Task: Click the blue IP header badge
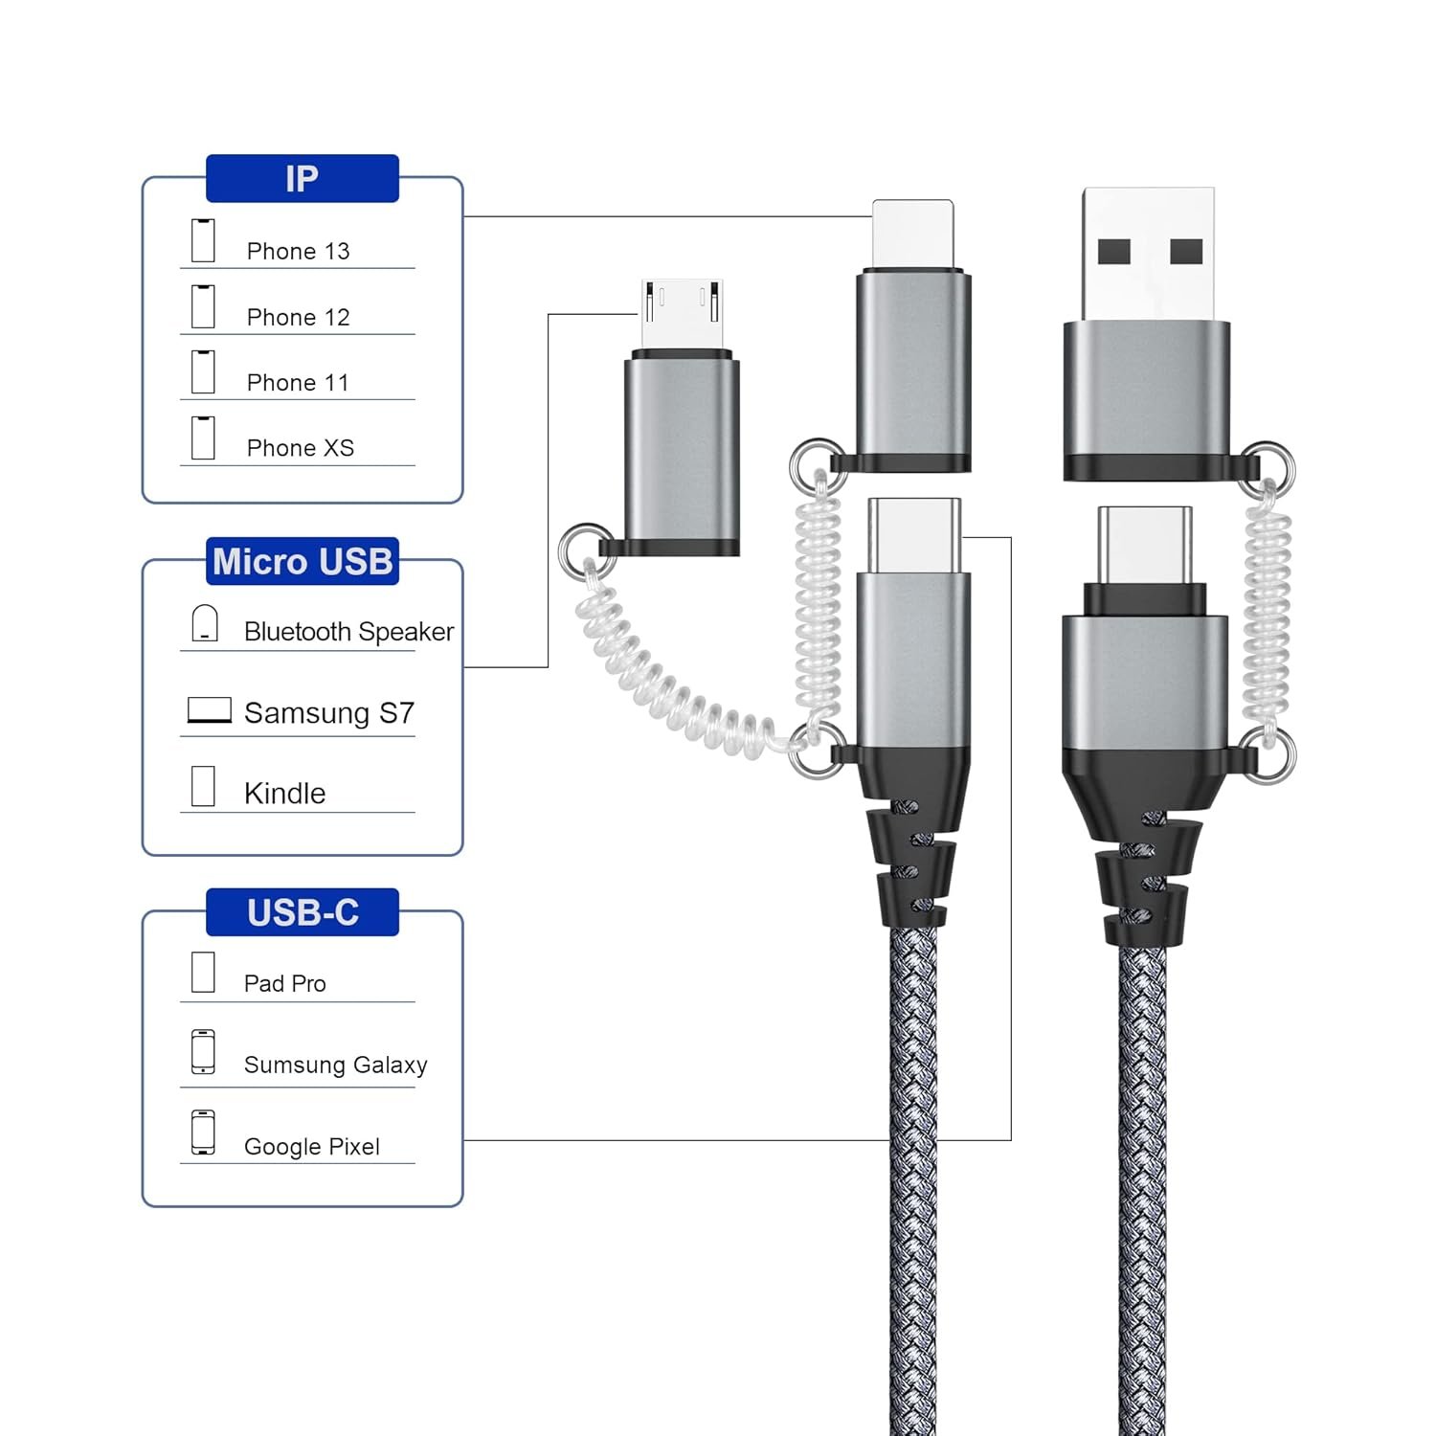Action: [302, 179]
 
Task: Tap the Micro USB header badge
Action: [303, 561]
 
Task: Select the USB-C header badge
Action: [303, 912]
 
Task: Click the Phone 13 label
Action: [298, 251]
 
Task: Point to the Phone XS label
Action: [300, 448]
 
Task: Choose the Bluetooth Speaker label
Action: [348, 632]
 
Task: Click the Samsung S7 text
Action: [328, 713]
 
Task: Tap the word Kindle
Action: [284, 794]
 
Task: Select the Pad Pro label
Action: [284, 983]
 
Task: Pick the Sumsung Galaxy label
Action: [335, 1065]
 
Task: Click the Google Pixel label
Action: [311, 1147]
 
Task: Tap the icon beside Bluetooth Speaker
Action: [205, 623]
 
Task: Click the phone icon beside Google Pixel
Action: [203, 1133]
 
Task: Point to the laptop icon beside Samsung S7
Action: [210, 710]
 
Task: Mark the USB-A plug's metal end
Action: [1148, 253]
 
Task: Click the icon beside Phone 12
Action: [203, 306]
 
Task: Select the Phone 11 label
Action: [297, 383]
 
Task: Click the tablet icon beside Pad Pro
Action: [203, 972]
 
